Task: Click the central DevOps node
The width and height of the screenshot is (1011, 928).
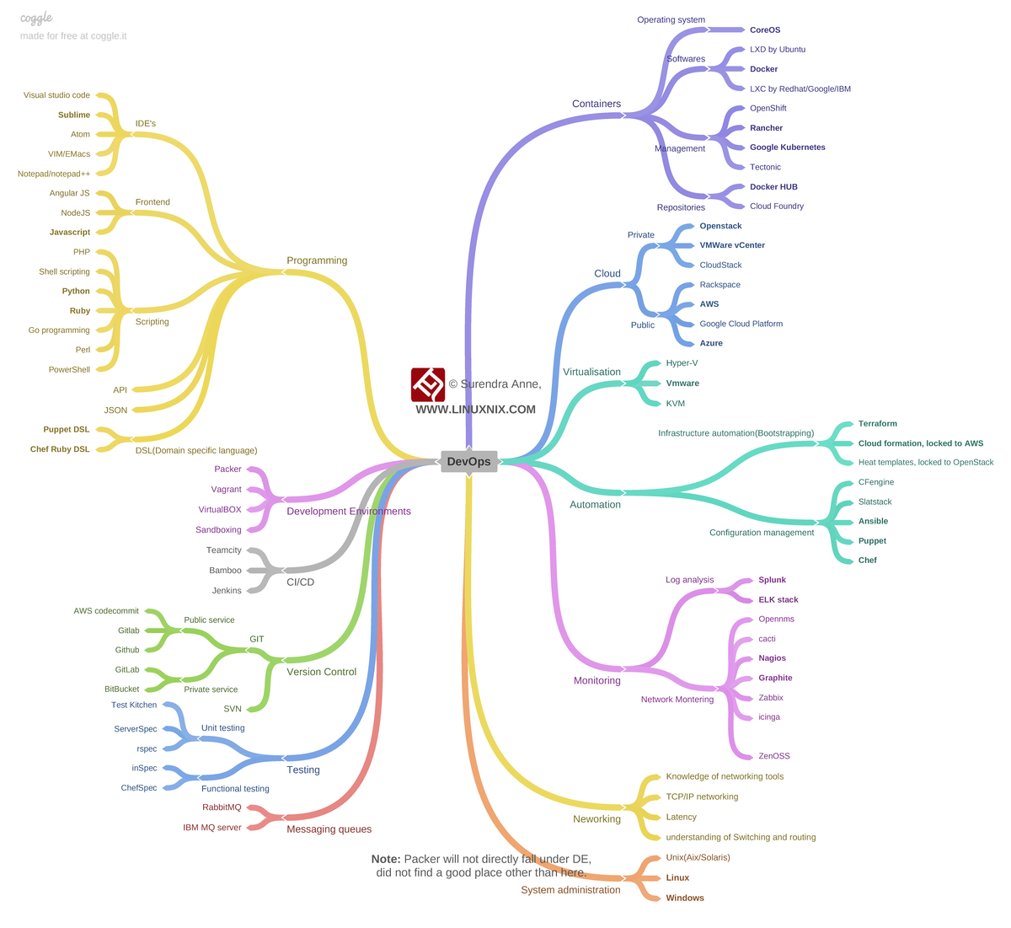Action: [468, 462]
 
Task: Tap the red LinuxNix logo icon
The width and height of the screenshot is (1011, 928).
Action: [428, 385]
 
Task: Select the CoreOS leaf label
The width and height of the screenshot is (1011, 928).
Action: [764, 30]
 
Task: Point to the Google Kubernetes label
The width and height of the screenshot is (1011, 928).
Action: [787, 148]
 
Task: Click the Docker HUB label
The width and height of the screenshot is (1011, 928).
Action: [773, 186]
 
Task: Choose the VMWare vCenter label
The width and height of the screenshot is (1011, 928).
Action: [732, 245]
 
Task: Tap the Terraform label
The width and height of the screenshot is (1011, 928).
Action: [877, 424]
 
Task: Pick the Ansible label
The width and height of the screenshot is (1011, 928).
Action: [873, 521]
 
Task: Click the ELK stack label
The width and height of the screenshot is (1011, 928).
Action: [778, 599]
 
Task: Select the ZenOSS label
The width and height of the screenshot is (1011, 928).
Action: [774, 756]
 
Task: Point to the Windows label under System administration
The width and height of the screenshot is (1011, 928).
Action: [685, 898]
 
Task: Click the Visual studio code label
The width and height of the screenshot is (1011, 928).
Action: [56, 94]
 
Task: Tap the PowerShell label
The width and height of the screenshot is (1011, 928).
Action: [69, 370]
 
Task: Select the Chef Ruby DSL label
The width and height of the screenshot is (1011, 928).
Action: [60, 449]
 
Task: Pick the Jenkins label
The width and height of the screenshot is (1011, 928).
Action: [227, 591]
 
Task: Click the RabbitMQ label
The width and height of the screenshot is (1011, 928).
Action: [222, 807]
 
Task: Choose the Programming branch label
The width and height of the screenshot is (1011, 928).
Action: [317, 260]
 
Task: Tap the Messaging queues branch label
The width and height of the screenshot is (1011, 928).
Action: [329, 829]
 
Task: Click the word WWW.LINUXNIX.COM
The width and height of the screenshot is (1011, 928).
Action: [476, 410]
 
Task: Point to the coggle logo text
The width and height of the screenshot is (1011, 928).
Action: [36, 19]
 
